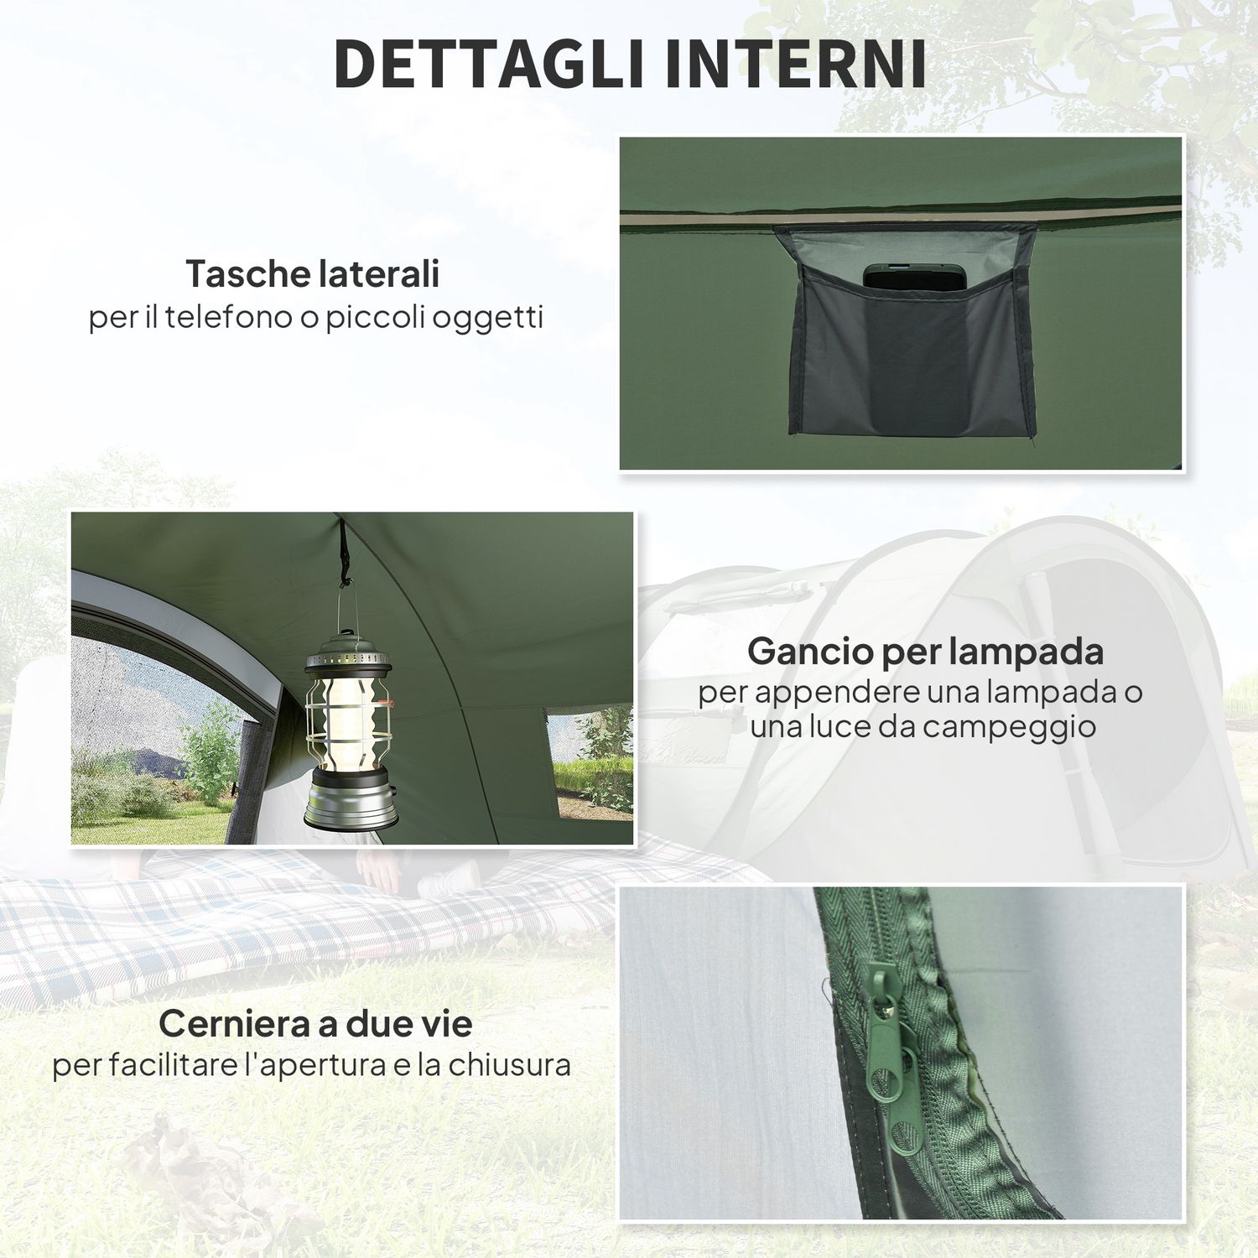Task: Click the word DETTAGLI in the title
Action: pos(489,63)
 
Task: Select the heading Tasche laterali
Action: pos(312,273)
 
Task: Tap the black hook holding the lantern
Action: pos(345,554)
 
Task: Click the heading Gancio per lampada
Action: pos(925,652)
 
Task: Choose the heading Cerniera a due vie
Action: pos(315,1023)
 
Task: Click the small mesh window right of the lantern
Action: pos(590,759)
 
